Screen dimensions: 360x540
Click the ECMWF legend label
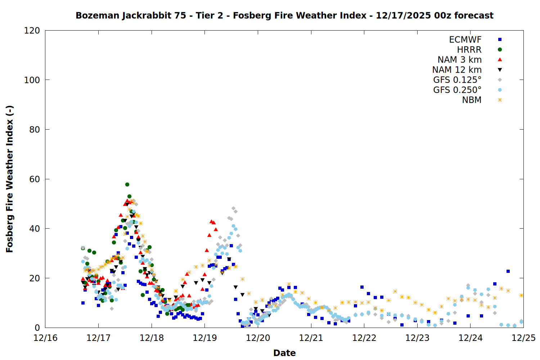click(465, 40)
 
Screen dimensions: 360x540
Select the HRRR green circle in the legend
click(500, 50)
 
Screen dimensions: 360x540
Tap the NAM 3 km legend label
click(459, 60)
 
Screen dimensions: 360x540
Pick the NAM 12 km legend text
click(457, 70)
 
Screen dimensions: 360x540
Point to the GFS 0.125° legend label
click(457, 80)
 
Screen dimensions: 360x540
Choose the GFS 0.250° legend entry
click(457, 90)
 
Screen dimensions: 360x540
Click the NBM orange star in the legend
click(500, 100)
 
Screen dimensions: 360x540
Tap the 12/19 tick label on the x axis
click(205, 338)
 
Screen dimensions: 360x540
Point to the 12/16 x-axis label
click(45, 338)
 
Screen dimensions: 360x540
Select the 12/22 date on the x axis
click(364, 338)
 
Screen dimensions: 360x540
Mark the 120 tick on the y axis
click(32, 31)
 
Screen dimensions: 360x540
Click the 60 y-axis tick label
click(35, 179)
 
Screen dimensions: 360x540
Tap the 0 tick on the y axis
click(37, 328)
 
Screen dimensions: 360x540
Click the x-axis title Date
click(284, 353)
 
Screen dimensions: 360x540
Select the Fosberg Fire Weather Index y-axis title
click(10, 179)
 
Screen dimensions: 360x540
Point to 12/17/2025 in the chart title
click(403, 15)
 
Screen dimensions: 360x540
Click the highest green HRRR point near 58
click(127, 184)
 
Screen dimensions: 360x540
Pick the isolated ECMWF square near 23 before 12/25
click(508, 271)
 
